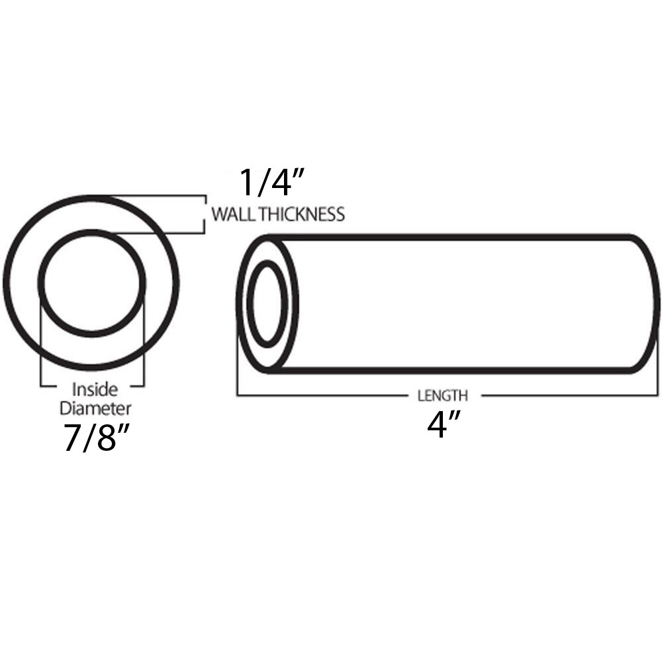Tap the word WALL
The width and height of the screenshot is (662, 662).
232,214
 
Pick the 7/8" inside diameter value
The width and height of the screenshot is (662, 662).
95,438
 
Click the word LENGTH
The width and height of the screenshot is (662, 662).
442,396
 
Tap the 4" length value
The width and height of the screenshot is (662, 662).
442,425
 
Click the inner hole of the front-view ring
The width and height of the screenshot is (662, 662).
91,283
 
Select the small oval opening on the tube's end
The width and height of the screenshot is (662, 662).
267,303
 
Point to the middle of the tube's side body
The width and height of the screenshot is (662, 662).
463,303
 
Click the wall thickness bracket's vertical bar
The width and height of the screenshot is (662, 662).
204,214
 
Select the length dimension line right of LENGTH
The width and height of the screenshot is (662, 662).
569,396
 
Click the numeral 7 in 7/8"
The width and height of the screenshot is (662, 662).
71,438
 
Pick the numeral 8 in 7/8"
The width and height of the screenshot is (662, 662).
106,438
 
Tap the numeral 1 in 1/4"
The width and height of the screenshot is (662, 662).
246,183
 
